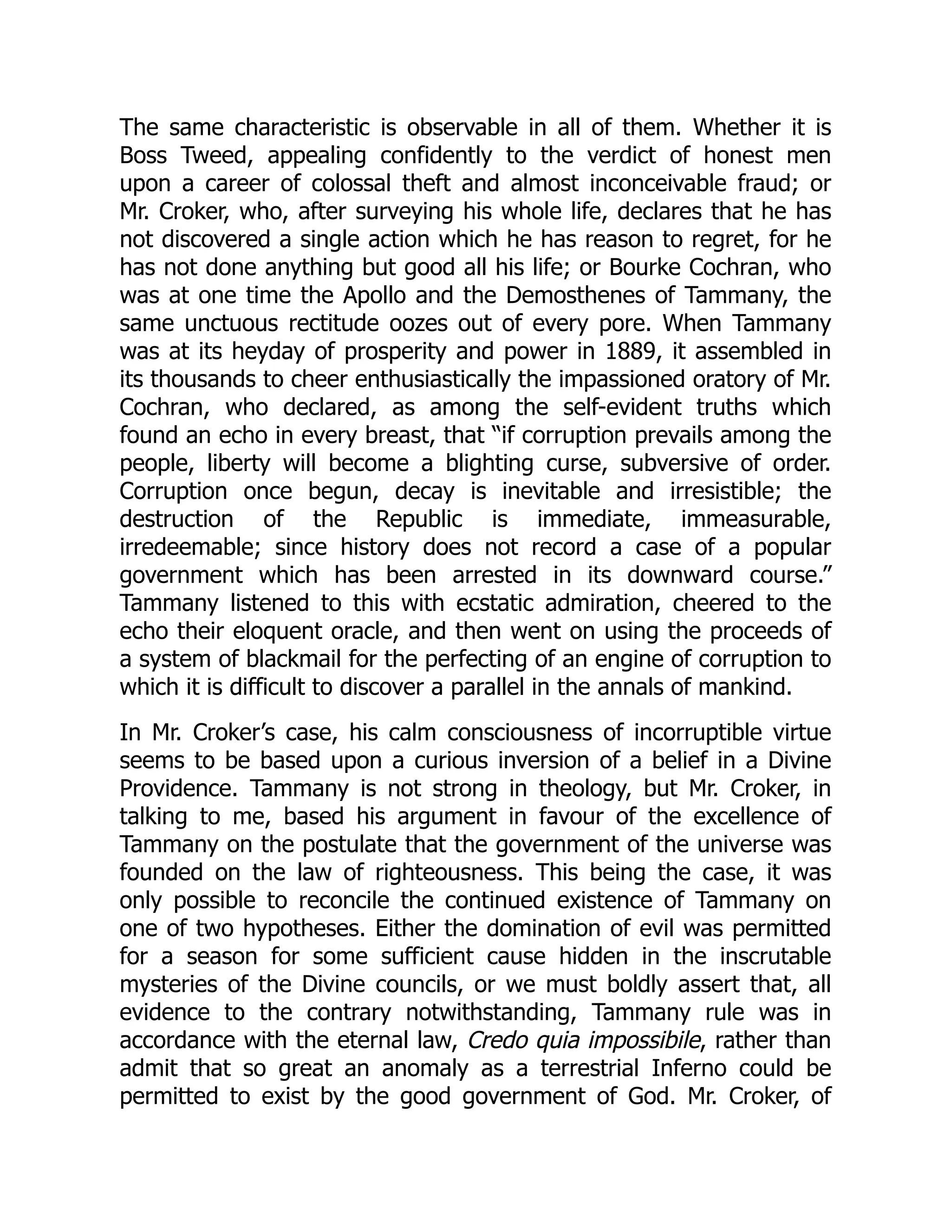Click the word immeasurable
click(756, 519)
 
